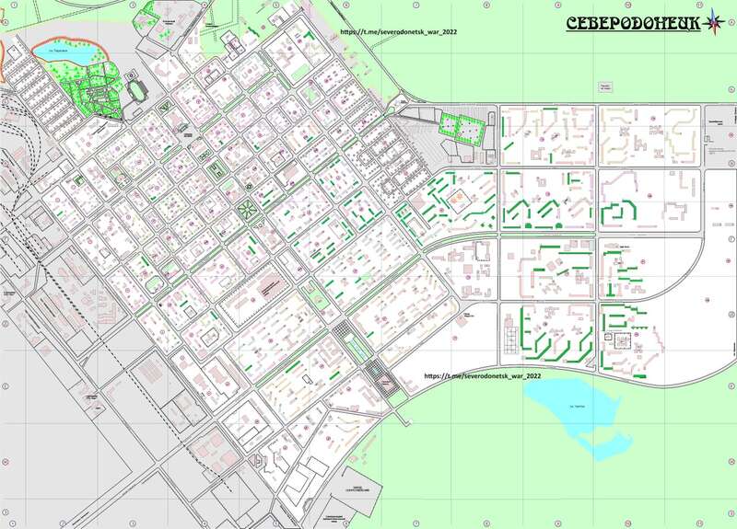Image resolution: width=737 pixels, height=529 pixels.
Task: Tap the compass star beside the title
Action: click(x=714, y=24)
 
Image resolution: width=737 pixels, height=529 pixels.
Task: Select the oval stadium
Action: click(x=138, y=91)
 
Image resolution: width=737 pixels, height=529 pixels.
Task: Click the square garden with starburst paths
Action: click(x=247, y=211)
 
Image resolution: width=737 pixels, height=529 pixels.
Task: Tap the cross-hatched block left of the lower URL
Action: click(x=377, y=374)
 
